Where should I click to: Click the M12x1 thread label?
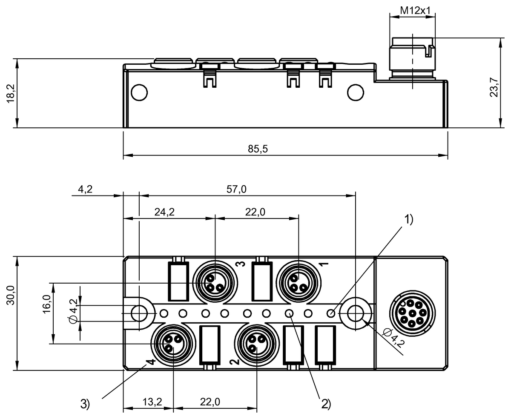pos(415,11)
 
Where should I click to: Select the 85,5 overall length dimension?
pos(258,149)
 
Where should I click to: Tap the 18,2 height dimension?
pos(11,94)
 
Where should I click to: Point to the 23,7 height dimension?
pos(494,87)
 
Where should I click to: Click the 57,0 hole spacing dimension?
pos(236,189)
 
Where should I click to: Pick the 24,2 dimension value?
pos(164,212)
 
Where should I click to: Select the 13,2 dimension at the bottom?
pos(152,402)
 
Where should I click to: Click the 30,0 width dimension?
pos(11,295)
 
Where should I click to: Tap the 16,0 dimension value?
pos(46,304)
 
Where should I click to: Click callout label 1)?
pos(408,219)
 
